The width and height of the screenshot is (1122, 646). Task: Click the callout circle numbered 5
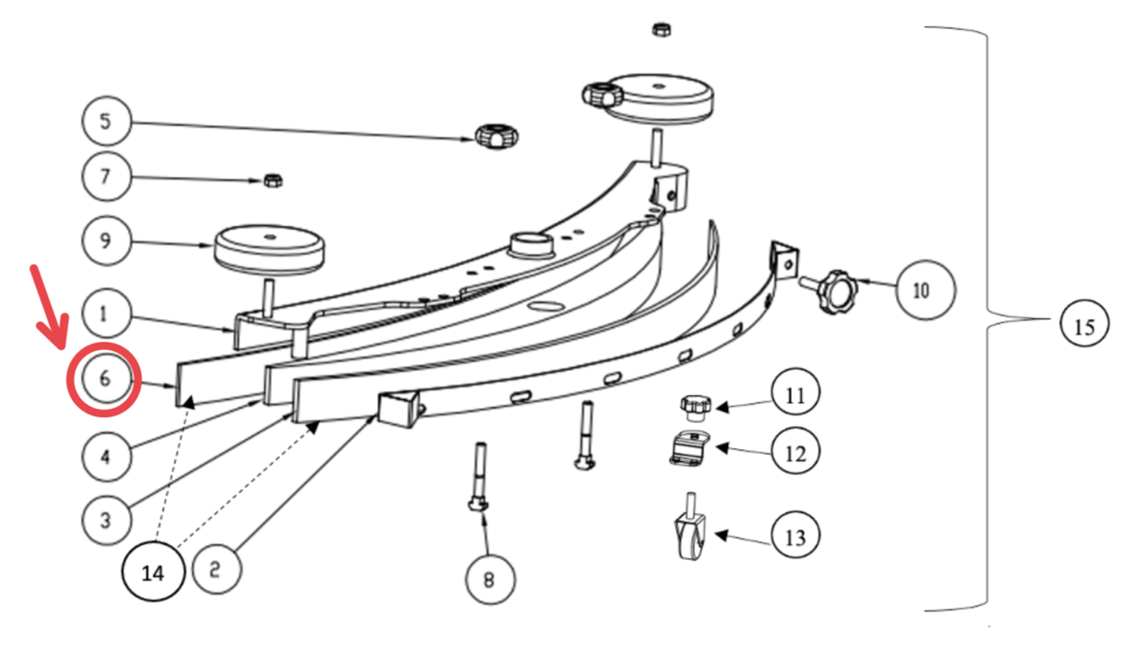106,121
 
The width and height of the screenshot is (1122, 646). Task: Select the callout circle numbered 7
106,176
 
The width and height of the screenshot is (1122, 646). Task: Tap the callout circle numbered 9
106,240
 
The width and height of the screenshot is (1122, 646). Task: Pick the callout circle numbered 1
106,314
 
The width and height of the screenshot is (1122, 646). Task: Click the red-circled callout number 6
105,379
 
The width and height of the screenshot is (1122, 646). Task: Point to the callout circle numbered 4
106,456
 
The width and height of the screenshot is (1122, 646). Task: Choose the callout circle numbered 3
106,521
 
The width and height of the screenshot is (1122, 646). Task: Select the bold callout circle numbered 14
153,572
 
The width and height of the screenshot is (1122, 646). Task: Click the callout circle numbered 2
217,569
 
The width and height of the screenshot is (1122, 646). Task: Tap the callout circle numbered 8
490,580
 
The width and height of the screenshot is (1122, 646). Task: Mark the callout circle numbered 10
925,290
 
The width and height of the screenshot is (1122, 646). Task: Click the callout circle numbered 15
1085,326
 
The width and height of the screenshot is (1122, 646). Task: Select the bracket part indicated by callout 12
690,449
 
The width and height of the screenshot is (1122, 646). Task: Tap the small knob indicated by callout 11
695,408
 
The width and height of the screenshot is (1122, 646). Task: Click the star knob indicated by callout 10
833,291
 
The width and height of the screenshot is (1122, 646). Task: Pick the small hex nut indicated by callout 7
273,180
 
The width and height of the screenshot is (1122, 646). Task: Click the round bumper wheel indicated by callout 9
269,250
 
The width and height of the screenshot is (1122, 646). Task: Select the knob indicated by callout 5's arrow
497,136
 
